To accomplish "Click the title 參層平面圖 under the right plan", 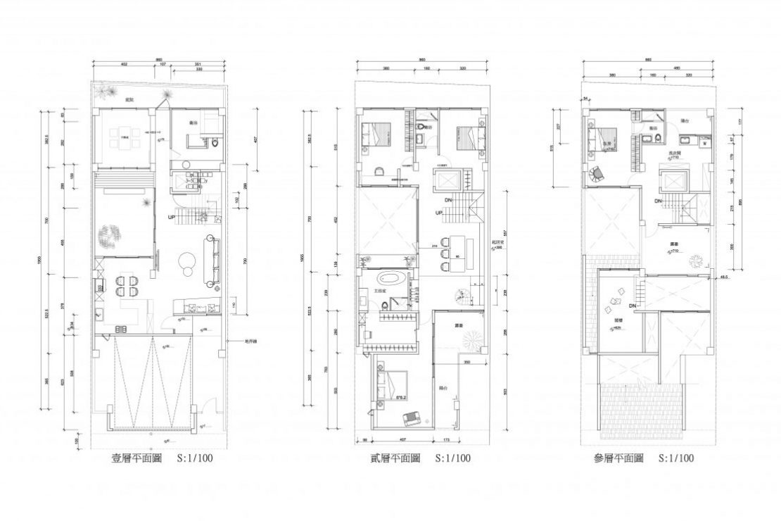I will point(618,458).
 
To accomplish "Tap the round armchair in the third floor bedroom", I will point(596,173).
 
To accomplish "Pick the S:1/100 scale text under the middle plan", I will point(453,458).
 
